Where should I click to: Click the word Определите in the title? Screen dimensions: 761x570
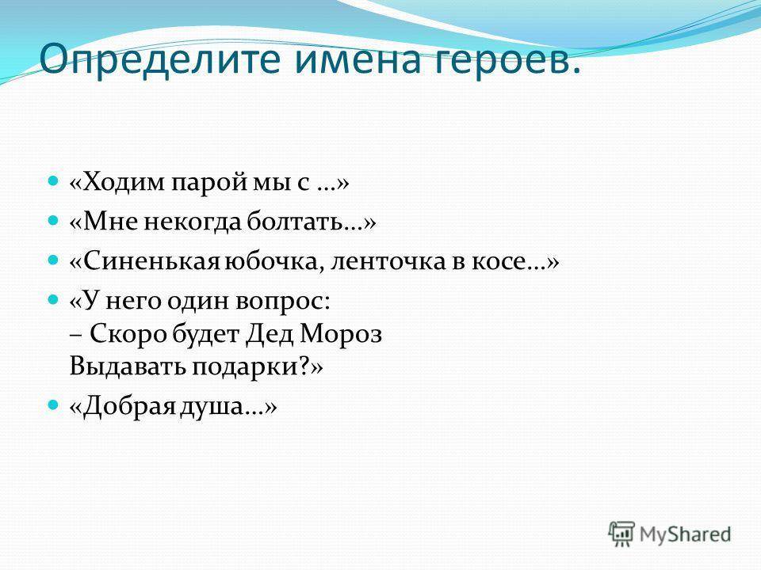(x=159, y=60)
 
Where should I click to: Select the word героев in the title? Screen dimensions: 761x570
(x=499, y=62)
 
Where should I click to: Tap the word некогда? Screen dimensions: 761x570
(x=193, y=223)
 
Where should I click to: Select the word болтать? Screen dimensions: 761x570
(x=294, y=222)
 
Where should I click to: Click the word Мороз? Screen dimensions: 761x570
(x=341, y=334)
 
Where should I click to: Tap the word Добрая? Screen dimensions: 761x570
(x=128, y=407)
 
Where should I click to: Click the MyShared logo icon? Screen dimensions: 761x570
(x=621, y=534)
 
